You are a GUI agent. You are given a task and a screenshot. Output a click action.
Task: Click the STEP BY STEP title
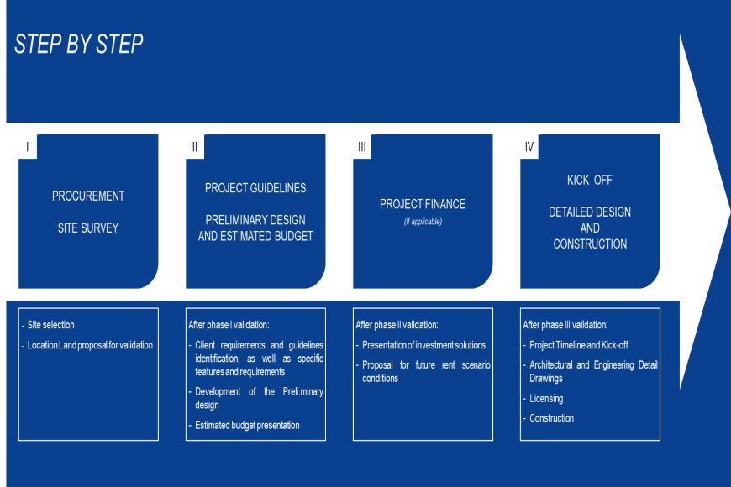pyautogui.click(x=79, y=45)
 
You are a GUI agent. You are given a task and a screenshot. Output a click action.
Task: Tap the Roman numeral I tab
pyautogui.click(x=28, y=147)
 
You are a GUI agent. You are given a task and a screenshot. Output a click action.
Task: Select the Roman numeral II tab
pyautogui.click(x=195, y=147)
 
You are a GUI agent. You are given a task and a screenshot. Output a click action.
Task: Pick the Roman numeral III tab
pyautogui.click(x=362, y=147)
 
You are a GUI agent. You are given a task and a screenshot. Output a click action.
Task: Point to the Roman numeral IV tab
pyautogui.click(x=529, y=147)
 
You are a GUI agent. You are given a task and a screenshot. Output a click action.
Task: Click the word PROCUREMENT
pyautogui.click(x=88, y=196)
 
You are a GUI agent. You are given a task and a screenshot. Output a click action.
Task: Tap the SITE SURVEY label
pyautogui.click(x=88, y=228)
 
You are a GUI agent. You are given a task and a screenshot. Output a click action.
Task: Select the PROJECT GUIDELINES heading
pyautogui.click(x=255, y=188)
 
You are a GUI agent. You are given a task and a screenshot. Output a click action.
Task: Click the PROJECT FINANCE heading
pyautogui.click(x=423, y=204)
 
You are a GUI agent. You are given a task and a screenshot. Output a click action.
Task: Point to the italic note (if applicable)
pyautogui.click(x=423, y=222)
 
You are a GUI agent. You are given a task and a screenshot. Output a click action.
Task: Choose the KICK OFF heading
pyautogui.click(x=590, y=180)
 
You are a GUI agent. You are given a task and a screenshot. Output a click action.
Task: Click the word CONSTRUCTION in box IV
pyautogui.click(x=590, y=243)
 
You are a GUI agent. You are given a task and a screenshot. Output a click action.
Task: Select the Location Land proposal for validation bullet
pyautogui.click(x=87, y=345)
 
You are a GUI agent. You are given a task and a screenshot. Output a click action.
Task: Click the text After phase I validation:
pyautogui.click(x=229, y=325)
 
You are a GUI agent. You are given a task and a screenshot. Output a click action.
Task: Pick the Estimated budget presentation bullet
pyautogui.click(x=244, y=425)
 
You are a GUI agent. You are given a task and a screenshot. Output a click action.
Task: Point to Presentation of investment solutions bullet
pyautogui.click(x=420, y=345)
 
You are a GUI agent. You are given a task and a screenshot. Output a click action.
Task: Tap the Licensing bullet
pyautogui.click(x=543, y=399)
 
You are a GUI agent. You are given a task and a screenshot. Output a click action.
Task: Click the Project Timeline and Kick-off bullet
pyautogui.click(x=576, y=345)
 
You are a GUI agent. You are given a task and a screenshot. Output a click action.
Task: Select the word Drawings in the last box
pyautogui.click(x=546, y=379)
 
